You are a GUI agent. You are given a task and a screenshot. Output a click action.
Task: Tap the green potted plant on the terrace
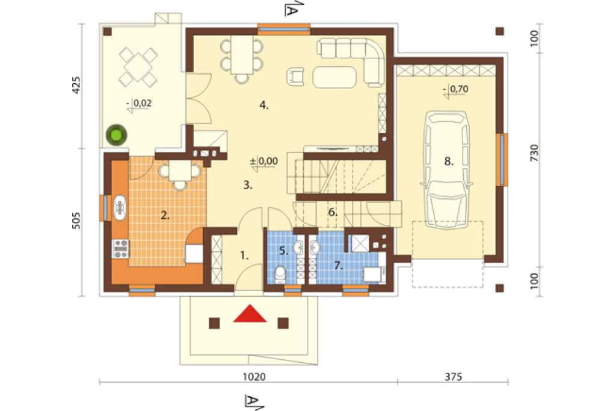point(116,135)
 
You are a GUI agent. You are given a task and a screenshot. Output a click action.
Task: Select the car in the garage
point(447,170)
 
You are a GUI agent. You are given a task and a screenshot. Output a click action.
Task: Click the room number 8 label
point(449,161)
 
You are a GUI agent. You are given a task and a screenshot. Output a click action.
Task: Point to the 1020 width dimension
point(254,377)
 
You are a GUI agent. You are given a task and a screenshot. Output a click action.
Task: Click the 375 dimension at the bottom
point(454,377)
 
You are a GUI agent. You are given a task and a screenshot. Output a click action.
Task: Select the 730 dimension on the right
point(534,152)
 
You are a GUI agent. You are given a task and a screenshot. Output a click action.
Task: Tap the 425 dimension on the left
point(76,85)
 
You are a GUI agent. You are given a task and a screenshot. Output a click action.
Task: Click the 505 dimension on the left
point(76,221)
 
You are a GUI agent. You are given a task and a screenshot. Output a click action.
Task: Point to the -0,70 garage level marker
point(456,90)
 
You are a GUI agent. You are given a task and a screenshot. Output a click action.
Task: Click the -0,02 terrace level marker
point(139,104)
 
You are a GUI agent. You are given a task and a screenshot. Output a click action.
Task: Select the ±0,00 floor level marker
point(264,162)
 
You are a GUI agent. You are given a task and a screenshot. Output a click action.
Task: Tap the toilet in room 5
point(280,274)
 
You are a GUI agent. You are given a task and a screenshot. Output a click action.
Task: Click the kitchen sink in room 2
point(120,207)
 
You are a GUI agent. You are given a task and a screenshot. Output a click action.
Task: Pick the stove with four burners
point(120,249)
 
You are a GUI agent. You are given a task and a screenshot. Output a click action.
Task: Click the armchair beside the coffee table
point(295,77)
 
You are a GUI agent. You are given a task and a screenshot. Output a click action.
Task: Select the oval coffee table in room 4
point(334,77)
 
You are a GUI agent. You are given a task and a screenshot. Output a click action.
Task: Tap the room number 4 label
point(264,105)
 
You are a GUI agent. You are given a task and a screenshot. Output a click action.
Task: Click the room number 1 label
point(244,256)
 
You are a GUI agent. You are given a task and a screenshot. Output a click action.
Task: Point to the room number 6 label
point(333,213)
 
